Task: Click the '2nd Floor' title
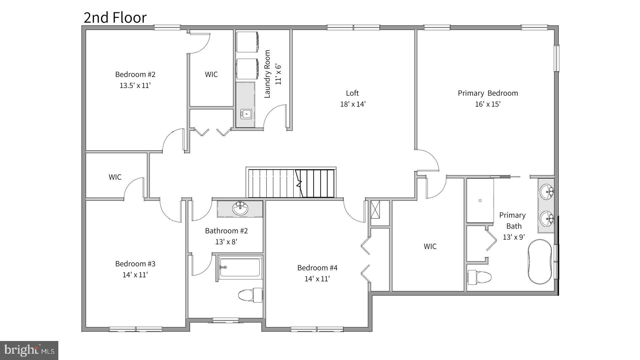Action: pyautogui.click(x=115, y=18)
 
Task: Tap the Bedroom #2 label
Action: pyautogui.click(x=135, y=74)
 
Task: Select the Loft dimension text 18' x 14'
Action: pyautogui.click(x=353, y=104)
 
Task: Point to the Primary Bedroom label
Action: pyautogui.click(x=488, y=93)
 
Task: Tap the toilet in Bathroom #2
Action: pyautogui.click(x=250, y=295)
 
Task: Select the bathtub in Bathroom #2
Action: pyautogui.click(x=240, y=267)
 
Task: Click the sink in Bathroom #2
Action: pyautogui.click(x=240, y=209)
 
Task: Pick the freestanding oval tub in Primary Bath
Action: pyautogui.click(x=540, y=262)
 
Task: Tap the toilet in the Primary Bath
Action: pyautogui.click(x=479, y=277)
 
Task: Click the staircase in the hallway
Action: pyautogui.click(x=291, y=183)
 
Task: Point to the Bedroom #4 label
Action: pyautogui.click(x=317, y=268)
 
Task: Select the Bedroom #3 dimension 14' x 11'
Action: pyautogui.click(x=135, y=275)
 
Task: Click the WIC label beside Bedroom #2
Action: pyautogui.click(x=211, y=74)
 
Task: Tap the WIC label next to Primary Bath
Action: pyautogui.click(x=430, y=246)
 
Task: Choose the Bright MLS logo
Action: pyautogui.click(x=29, y=350)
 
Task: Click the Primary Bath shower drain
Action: pyautogui.click(x=480, y=200)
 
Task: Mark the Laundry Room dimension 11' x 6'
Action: pyautogui.click(x=278, y=74)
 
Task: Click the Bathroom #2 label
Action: pyautogui.click(x=226, y=231)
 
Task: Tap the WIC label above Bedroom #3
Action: pyautogui.click(x=115, y=177)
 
